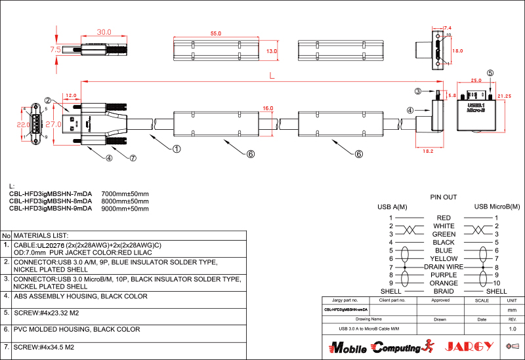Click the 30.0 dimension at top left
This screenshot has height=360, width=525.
(104, 31)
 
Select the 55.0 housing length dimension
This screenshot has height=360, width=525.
(216, 33)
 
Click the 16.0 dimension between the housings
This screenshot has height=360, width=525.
(268, 108)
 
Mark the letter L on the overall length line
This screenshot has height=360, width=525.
(271, 76)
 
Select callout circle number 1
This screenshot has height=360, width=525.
(177, 149)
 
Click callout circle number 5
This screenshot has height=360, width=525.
(490, 73)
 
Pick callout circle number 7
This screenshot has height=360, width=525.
(133, 158)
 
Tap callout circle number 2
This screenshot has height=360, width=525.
(48, 100)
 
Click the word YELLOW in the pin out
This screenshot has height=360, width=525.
(444, 258)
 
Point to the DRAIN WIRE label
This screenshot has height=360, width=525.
(444, 267)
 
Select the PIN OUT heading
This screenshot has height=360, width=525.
(444, 197)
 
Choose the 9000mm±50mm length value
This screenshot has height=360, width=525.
(125, 209)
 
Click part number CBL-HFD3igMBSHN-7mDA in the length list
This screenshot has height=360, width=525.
(51, 194)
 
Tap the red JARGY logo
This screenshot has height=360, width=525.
(469, 346)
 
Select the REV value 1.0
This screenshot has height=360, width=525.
(513, 329)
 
